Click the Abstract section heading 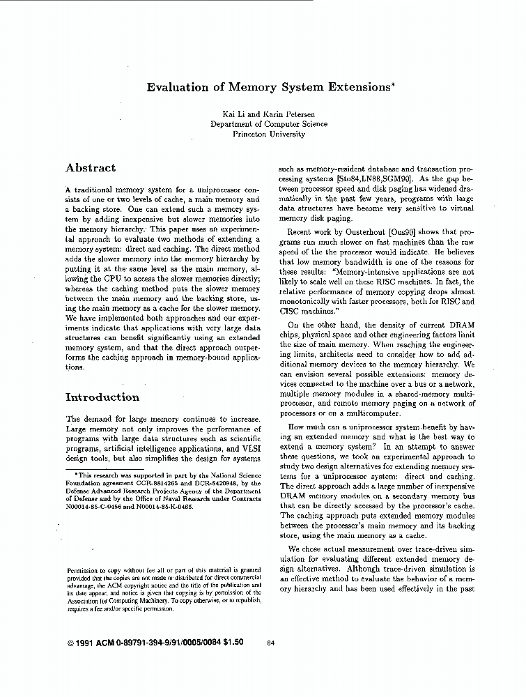pos(91,168)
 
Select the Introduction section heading pos(102,397)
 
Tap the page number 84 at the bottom pos(272,643)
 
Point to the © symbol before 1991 pos(70,643)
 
